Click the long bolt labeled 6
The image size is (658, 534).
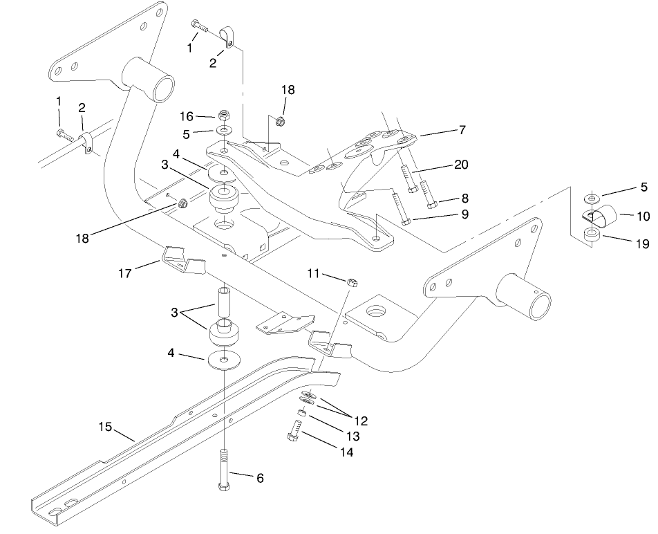click(x=225, y=470)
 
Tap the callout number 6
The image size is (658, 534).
click(x=259, y=478)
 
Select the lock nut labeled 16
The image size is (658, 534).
click(x=224, y=115)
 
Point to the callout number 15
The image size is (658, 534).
click(x=105, y=427)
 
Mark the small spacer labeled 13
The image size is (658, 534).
click(x=301, y=412)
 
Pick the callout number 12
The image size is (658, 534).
click(x=361, y=420)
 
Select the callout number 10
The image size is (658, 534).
click(x=643, y=216)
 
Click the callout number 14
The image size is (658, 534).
click(x=346, y=452)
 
